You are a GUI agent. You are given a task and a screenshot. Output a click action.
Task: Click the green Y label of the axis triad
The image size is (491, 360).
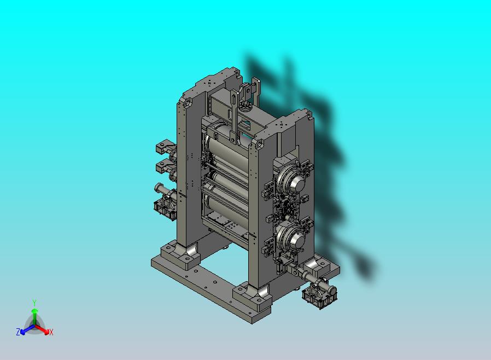click(34, 303)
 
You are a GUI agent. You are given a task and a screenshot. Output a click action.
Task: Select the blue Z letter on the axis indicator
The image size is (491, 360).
click(18, 332)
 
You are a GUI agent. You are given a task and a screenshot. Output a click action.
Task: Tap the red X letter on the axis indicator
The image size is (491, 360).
click(51, 332)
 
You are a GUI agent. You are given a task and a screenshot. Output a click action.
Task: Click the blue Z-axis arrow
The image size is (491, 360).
click(27, 329)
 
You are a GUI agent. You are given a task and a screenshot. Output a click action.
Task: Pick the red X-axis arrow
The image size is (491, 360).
click(42, 329)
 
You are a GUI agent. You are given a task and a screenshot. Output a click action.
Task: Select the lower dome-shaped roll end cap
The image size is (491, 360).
click(296, 240)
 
